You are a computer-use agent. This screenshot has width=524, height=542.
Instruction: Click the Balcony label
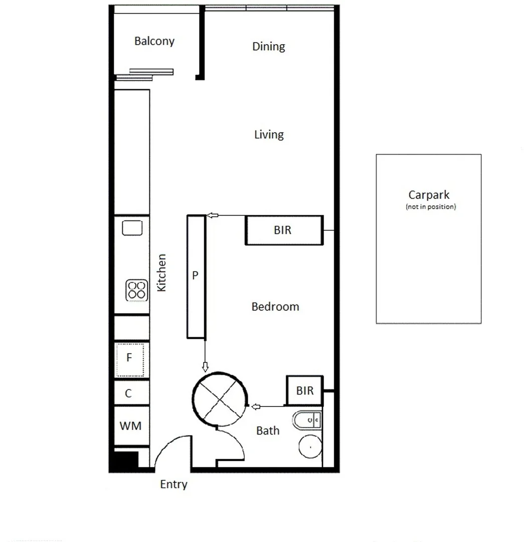tap(154, 41)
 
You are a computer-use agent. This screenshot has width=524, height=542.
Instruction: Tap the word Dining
tap(268, 47)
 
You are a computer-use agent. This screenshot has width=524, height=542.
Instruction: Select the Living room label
tap(269, 134)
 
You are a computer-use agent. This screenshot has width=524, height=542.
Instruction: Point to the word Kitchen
tap(161, 273)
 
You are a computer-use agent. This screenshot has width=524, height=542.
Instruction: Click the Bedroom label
tap(275, 307)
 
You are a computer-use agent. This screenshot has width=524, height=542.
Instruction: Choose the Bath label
tap(268, 431)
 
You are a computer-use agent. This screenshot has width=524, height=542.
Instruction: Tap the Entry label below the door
tap(173, 484)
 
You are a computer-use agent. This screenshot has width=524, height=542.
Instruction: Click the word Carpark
tap(429, 195)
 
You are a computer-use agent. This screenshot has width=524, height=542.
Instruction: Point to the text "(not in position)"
tap(431, 207)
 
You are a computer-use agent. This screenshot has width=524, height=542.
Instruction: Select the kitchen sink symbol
tap(132, 228)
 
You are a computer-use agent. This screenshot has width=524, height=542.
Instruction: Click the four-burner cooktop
tap(137, 290)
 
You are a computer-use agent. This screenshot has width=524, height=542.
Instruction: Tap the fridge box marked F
tap(130, 358)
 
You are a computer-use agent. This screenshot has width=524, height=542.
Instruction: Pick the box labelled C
tap(129, 393)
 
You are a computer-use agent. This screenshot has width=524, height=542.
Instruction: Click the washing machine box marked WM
tap(130, 426)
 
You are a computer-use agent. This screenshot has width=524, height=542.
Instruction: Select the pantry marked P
tap(196, 276)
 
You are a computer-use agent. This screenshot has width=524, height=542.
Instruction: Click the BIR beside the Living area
tap(283, 230)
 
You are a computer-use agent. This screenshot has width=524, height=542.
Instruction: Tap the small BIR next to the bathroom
tap(304, 390)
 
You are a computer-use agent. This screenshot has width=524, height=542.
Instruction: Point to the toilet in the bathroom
tap(305, 420)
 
